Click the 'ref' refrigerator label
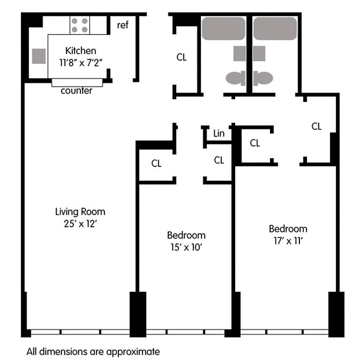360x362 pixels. pos(123,25)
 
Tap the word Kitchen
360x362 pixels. pos(81,51)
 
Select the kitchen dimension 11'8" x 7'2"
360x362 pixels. pos(81,62)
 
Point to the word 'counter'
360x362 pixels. pos(76,91)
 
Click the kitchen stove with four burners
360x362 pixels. pos(80,25)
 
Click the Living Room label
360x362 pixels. pos(80,211)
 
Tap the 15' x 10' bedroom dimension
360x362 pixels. pos(186,247)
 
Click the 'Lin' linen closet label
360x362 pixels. pos(219,133)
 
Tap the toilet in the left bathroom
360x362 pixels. pos(235,79)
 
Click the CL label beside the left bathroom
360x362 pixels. pos(181,57)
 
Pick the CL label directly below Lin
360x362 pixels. pos(219,160)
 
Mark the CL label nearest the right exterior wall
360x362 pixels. pos(317,127)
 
